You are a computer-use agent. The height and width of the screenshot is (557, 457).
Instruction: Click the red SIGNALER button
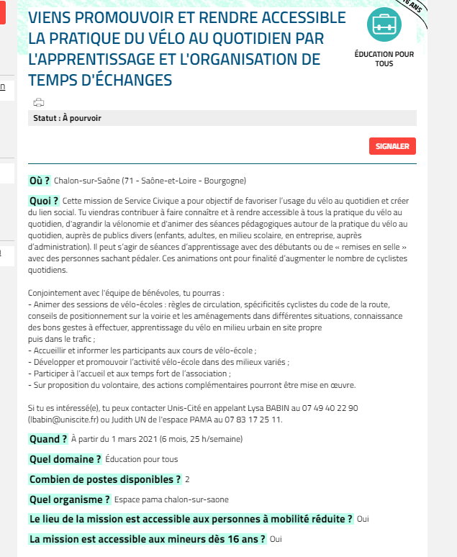click(x=392, y=146)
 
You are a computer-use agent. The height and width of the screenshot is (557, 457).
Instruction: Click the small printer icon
click(x=39, y=102)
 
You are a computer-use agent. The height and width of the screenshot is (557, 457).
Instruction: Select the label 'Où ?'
click(x=39, y=180)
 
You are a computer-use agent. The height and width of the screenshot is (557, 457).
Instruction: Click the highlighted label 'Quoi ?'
click(x=43, y=200)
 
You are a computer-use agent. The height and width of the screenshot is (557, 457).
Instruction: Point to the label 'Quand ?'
click(x=48, y=439)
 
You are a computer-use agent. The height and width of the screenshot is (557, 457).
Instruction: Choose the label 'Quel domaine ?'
click(x=65, y=458)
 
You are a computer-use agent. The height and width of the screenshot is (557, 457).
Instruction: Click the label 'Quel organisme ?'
click(x=69, y=499)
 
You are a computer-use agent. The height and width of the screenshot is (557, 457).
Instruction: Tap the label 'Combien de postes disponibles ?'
click(x=104, y=479)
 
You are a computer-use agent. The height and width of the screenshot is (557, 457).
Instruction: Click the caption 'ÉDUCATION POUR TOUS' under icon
click(x=384, y=58)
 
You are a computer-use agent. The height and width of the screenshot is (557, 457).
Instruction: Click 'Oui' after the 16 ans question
click(x=276, y=538)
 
